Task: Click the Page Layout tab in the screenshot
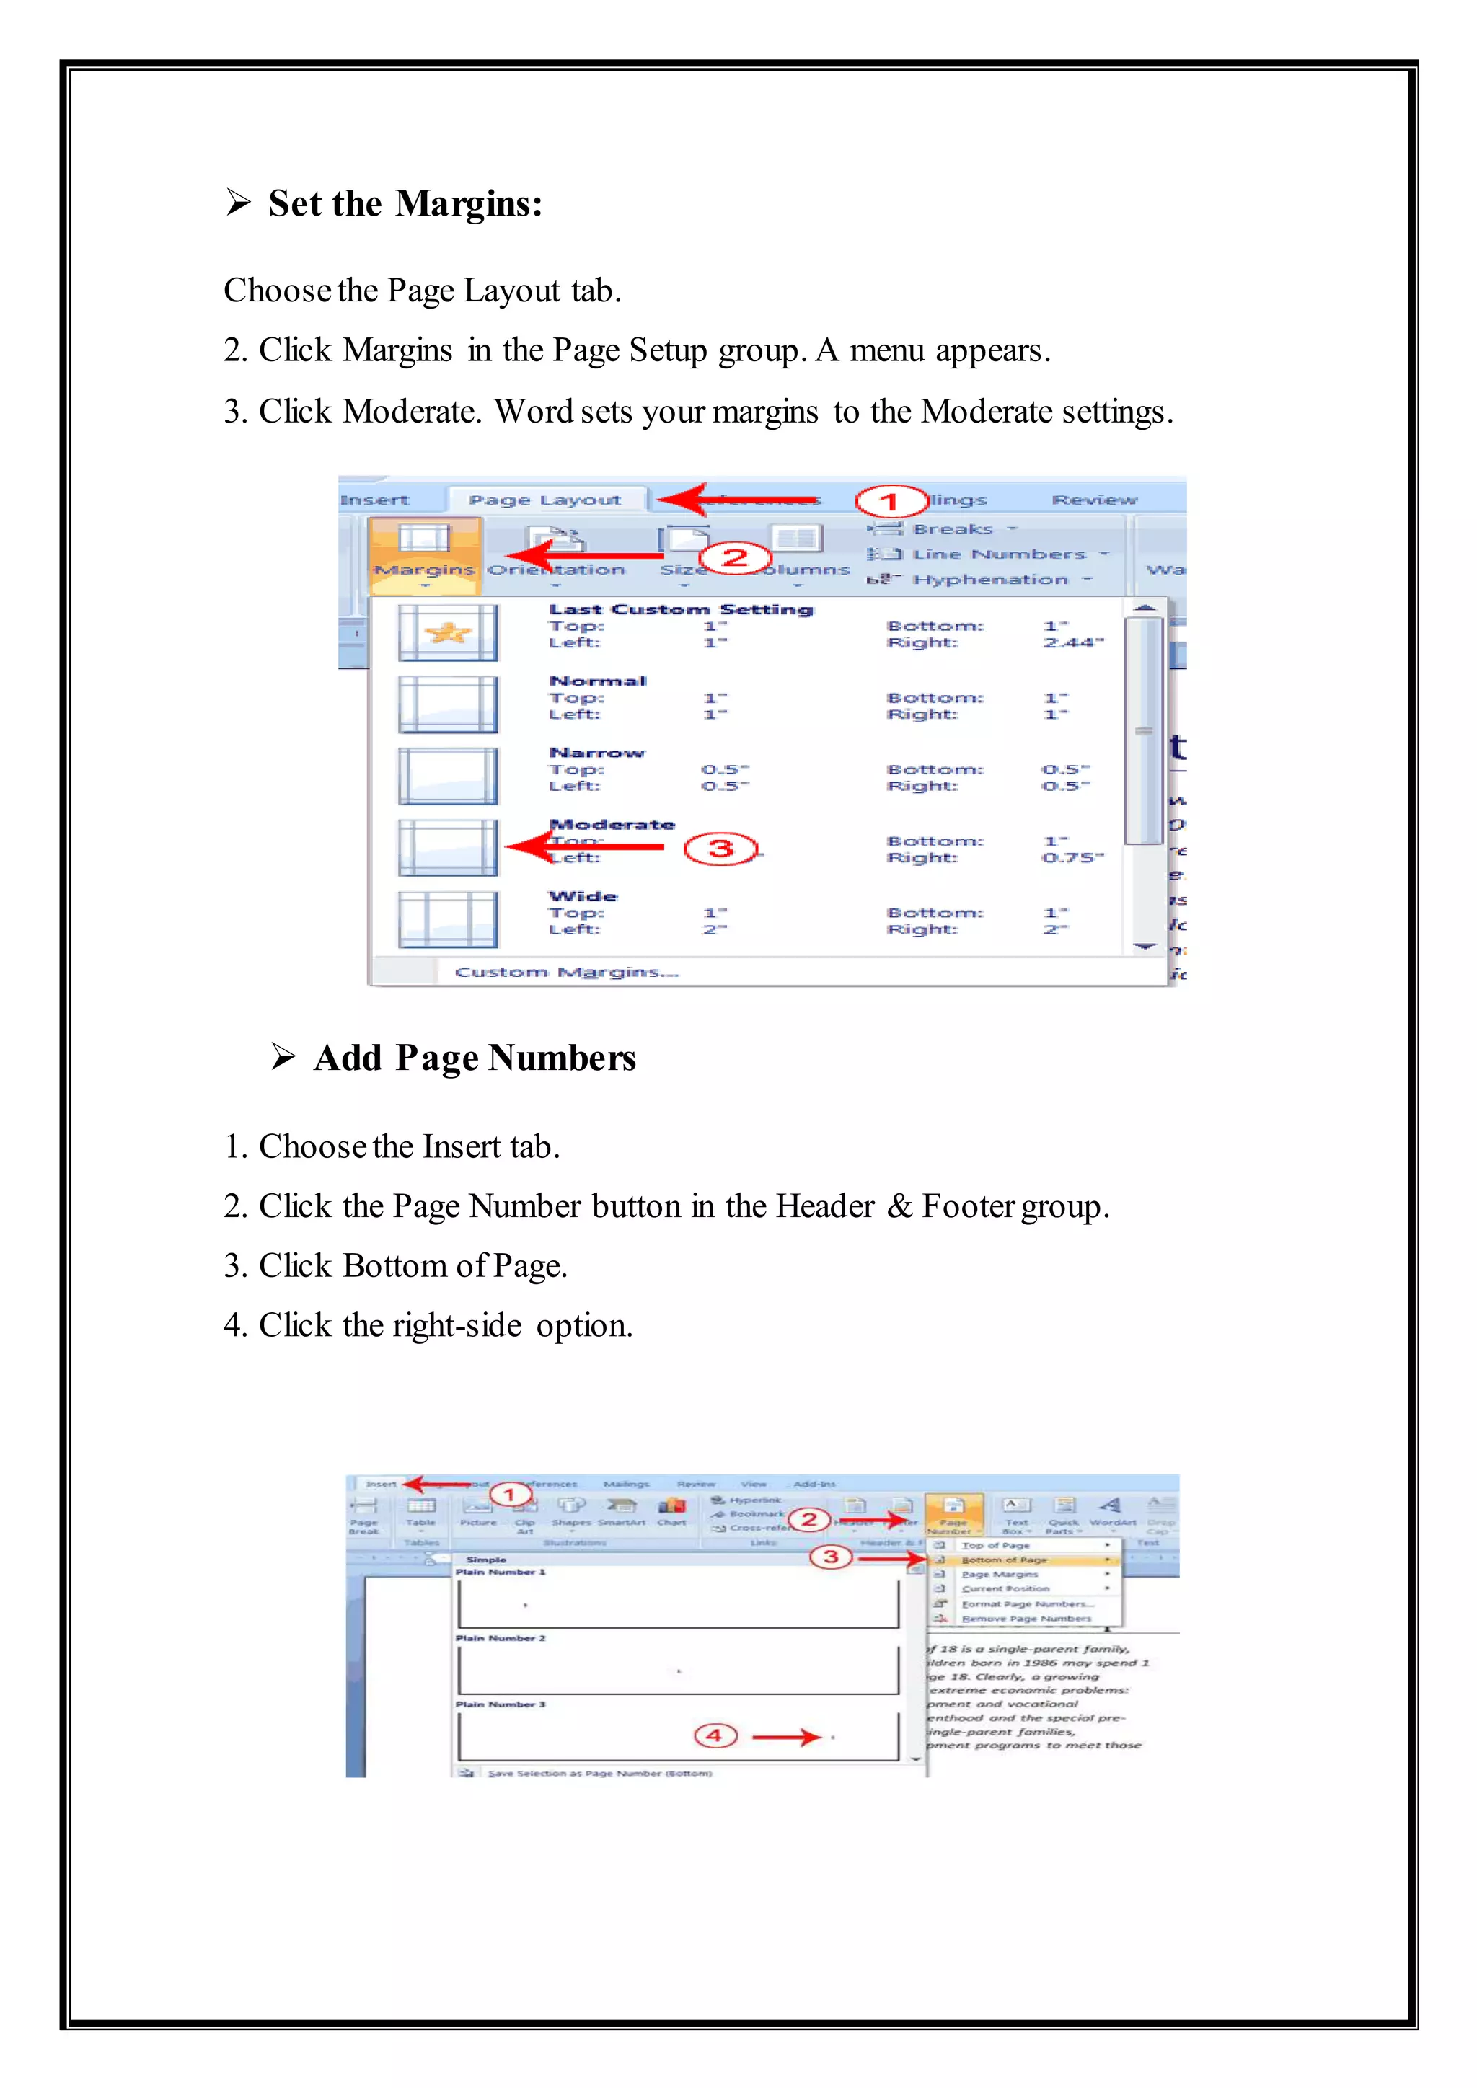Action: pos(544,500)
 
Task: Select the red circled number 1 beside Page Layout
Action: pos(889,501)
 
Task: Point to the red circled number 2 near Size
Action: pos(735,557)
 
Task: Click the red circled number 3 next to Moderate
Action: pos(720,849)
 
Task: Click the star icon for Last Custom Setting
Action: pos(447,632)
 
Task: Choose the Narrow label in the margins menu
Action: pos(596,753)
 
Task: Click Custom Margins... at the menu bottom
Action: pos(567,972)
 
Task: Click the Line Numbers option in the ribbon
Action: pos(999,554)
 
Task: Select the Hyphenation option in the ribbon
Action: pos(990,579)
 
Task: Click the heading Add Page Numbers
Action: pos(474,1058)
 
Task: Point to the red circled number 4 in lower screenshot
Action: pos(714,1736)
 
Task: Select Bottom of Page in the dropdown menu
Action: pos(1004,1560)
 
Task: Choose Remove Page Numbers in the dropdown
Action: pos(1026,1619)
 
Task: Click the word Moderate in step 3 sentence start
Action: pos(411,412)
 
